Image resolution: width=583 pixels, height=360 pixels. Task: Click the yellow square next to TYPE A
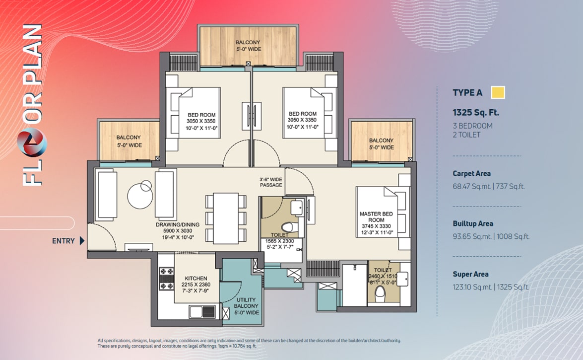(x=498, y=92)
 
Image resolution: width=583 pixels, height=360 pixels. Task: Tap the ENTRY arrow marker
(x=82, y=241)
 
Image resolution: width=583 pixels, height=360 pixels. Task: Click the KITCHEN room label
(x=196, y=278)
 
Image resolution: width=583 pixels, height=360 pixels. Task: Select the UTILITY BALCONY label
(x=246, y=303)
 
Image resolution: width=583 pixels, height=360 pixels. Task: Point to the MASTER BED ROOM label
(x=376, y=216)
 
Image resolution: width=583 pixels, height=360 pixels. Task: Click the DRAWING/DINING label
(x=178, y=224)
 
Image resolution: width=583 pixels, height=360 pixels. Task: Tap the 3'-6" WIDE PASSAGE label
(x=271, y=182)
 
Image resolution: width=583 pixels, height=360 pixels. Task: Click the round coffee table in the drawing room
(x=140, y=195)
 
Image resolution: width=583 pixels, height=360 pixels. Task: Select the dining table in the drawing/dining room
(x=226, y=218)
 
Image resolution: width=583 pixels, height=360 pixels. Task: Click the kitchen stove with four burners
(x=167, y=279)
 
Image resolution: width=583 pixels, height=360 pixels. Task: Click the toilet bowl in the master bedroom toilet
(x=380, y=296)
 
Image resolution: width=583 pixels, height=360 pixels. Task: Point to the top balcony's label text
(x=248, y=46)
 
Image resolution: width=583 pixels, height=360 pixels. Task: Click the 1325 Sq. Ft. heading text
(x=475, y=112)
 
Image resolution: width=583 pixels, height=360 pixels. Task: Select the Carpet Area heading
(x=471, y=173)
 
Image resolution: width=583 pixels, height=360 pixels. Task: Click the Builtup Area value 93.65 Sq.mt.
(x=472, y=236)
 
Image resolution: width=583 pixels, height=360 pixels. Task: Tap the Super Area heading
(x=470, y=275)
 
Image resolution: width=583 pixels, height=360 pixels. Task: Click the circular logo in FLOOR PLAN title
(x=32, y=142)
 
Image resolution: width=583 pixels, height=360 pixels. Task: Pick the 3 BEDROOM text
(x=472, y=126)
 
